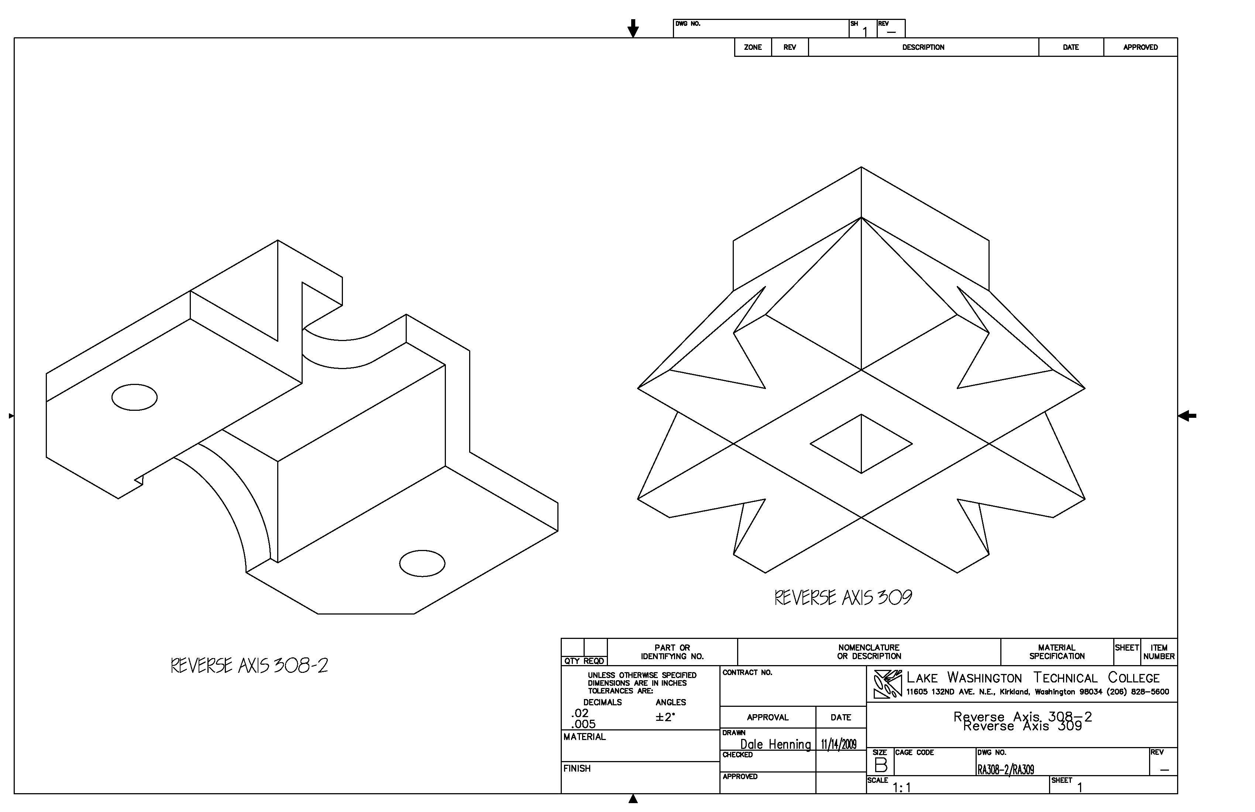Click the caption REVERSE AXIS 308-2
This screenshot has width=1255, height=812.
[249, 665]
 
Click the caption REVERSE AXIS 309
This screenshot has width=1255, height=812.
[843, 598]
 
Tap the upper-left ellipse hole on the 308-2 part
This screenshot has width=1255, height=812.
[134, 397]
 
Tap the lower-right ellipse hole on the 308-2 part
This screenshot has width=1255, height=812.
[422, 564]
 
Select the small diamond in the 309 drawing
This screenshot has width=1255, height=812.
[861, 443]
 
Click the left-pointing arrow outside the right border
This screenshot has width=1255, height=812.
[1187, 416]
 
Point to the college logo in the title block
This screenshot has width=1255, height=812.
[887, 684]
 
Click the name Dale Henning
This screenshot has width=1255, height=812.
[775, 744]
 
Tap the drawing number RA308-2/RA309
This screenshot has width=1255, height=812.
[1005, 769]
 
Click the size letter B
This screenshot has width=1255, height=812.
[881, 764]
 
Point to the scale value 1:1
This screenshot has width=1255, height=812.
[902, 788]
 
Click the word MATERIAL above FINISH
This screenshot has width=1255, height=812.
[584, 737]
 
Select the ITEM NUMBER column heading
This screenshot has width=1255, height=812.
[1159, 652]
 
